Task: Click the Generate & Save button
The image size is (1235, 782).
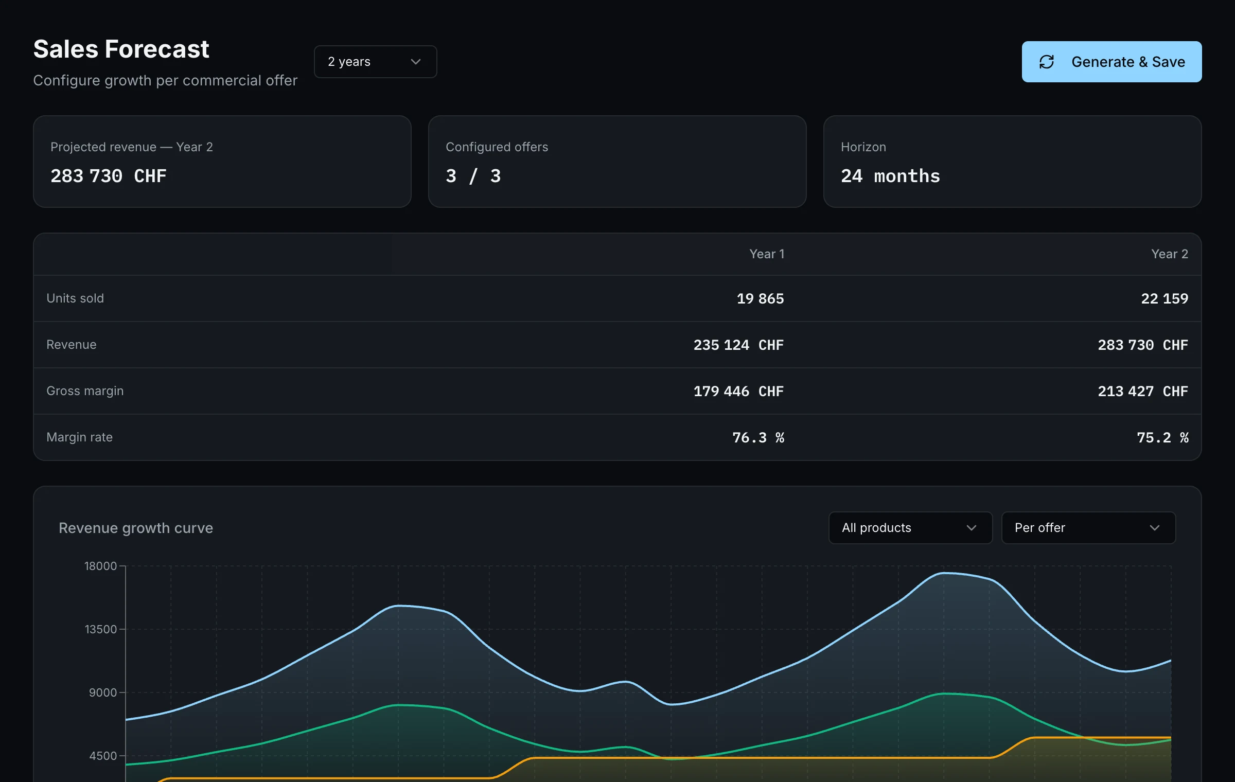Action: [1111, 62]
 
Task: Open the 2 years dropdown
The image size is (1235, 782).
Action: [375, 62]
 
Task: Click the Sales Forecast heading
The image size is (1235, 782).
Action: [121, 49]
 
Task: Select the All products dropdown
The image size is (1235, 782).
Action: [910, 528]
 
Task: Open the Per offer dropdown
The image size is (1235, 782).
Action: [1088, 528]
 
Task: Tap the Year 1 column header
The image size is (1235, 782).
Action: [767, 254]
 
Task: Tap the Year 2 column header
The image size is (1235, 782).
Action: [1170, 254]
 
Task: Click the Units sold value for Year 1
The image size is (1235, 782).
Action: [760, 298]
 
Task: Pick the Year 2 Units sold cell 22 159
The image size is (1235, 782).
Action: [1165, 298]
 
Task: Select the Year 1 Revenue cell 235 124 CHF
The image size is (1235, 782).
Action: [738, 345]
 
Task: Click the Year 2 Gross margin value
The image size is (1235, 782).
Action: [1143, 391]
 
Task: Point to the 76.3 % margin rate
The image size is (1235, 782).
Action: [758, 437]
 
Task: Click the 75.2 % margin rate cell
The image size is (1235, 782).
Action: [1162, 437]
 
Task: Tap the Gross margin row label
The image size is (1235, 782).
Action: [85, 391]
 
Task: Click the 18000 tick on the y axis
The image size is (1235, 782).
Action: [100, 566]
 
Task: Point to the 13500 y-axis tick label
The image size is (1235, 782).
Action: [100, 629]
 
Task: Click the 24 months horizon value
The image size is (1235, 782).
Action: [890, 176]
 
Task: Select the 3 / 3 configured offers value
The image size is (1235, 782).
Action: [473, 176]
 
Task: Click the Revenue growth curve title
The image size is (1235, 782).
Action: [136, 528]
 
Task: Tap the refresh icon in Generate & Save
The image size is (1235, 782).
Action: [1047, 62]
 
